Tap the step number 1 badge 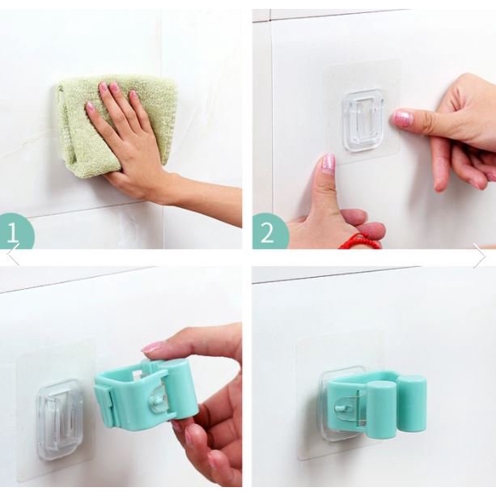(x=15, y=231)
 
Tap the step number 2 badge (x=269, y=231)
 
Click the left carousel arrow (x=13, y=254)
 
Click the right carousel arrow (x=479, y=256)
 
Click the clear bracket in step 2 (x=363, y=121)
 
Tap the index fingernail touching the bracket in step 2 (x=401, y=117)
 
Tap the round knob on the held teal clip (x=159, y=401)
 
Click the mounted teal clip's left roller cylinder (x=381, y=410)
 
